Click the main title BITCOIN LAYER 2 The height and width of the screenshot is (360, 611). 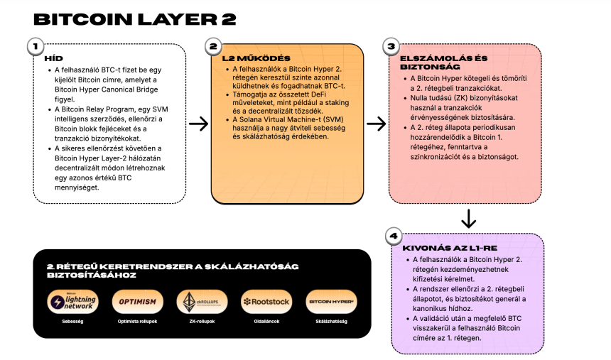click(x=134, y=19)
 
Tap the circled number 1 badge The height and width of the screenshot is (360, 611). click(x=33, y=47)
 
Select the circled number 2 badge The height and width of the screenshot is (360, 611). click(x=212, y=47)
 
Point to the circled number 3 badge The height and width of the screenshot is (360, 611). click(x=390, y=47)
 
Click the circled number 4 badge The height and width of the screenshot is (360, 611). click(x=392, y=236)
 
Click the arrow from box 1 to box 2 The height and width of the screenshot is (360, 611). click(x=199, y=124)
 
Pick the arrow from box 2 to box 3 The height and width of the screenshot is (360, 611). click(x=376, y=124)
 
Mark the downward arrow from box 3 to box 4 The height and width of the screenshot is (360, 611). click(x=468, y=217)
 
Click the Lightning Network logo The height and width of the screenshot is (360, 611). click(x=70, y=301)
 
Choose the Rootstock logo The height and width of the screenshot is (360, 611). click(x=264, y=301)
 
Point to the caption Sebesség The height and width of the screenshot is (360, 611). click(x=70, y=321)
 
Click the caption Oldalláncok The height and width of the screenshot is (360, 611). click(x=264, y=321)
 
